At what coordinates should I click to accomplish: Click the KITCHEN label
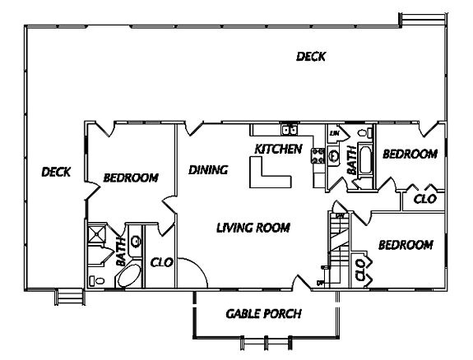278,149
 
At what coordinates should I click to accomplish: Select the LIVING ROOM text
253,227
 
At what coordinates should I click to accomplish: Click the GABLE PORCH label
263,314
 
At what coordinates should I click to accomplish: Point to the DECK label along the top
311,57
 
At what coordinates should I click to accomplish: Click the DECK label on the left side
56,172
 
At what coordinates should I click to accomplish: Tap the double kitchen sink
289,129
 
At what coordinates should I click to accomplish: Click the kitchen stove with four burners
318,155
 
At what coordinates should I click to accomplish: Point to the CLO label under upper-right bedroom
424,199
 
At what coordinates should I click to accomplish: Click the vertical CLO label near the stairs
361,270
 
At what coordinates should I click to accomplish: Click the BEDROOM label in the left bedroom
130,177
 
